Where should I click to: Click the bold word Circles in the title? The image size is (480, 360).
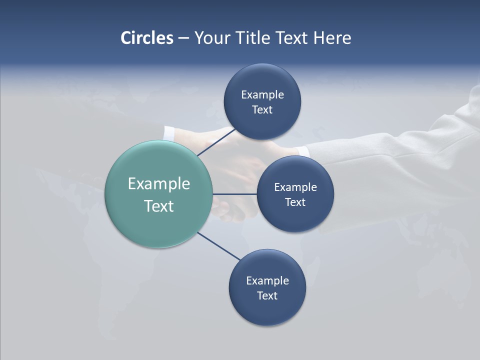click(x=147, y=38)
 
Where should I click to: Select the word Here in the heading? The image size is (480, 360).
click(x=332, y=38)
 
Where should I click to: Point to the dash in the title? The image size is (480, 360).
click(x=183, y=38)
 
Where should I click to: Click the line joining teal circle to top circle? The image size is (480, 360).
click(x=216, y=142)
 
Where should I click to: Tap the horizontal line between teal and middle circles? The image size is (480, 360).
click(x=234, y=193)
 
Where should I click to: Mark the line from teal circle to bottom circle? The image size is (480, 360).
click(x=218, y=246)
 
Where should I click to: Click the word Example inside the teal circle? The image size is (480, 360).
click(x=159, y=183)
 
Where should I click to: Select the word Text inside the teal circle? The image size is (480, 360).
click(x=159, y=206)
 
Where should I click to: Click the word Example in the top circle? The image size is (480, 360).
click(x=262, y=94)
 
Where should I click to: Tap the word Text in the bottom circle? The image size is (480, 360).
click(x=267, y=295)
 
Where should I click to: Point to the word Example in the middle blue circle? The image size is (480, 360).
click(x=295, y=187)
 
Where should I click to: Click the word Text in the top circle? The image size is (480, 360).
click(x=262, y=109)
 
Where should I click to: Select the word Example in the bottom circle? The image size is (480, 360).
click(x=267, y=280)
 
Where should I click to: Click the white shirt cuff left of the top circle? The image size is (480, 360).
click(x=169, y=133)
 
